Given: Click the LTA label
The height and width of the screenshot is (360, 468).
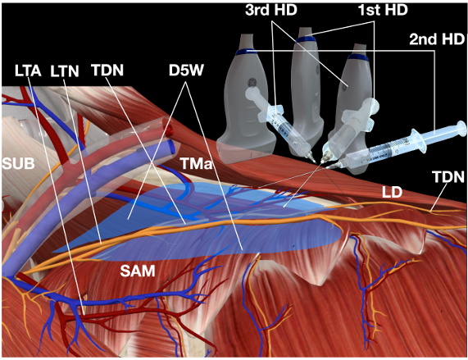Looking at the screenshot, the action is [x=28, y=71].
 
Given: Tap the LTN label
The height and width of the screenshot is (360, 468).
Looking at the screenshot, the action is [x=65, y=71].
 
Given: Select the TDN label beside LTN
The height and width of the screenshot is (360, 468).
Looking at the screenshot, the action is [x=107, y=71].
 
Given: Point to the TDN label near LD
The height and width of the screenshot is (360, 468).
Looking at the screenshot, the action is [x=448, y=177].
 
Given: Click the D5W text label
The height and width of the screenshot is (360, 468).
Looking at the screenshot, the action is [x=187, y=71].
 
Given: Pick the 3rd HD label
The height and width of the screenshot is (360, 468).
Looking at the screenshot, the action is [x=271, y=10].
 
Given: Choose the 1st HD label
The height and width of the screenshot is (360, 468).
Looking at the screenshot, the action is [x=383, y=10].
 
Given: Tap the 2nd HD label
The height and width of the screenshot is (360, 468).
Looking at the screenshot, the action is [x=437, y=39].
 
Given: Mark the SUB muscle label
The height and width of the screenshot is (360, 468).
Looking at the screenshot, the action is [x=18, y=163].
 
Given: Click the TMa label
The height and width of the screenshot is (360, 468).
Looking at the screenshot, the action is [x=196, y=163].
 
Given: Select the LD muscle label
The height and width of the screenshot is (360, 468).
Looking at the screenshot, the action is [x=393, y=193].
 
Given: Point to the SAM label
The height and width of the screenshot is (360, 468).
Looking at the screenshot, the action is [x=138, y=271].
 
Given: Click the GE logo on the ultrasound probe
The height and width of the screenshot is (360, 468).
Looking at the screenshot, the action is [x=252, y=82].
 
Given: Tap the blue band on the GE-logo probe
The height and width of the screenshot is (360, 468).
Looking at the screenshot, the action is [x=246, y=52].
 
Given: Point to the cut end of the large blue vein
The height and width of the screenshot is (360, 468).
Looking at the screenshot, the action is [x=171, y=146].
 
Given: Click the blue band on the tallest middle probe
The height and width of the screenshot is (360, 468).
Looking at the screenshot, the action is [x=304, y=39].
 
